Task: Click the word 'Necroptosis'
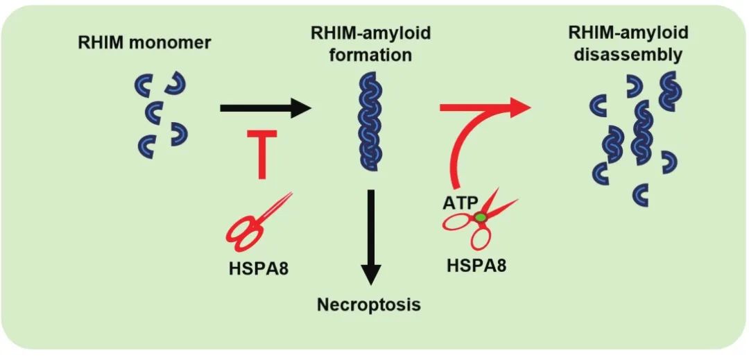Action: (369, 304)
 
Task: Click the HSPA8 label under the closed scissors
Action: (258, 267)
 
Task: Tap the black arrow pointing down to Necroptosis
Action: (372, 236)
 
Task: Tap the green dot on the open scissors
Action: (479, 218)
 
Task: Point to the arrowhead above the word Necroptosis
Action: (372, 273)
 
